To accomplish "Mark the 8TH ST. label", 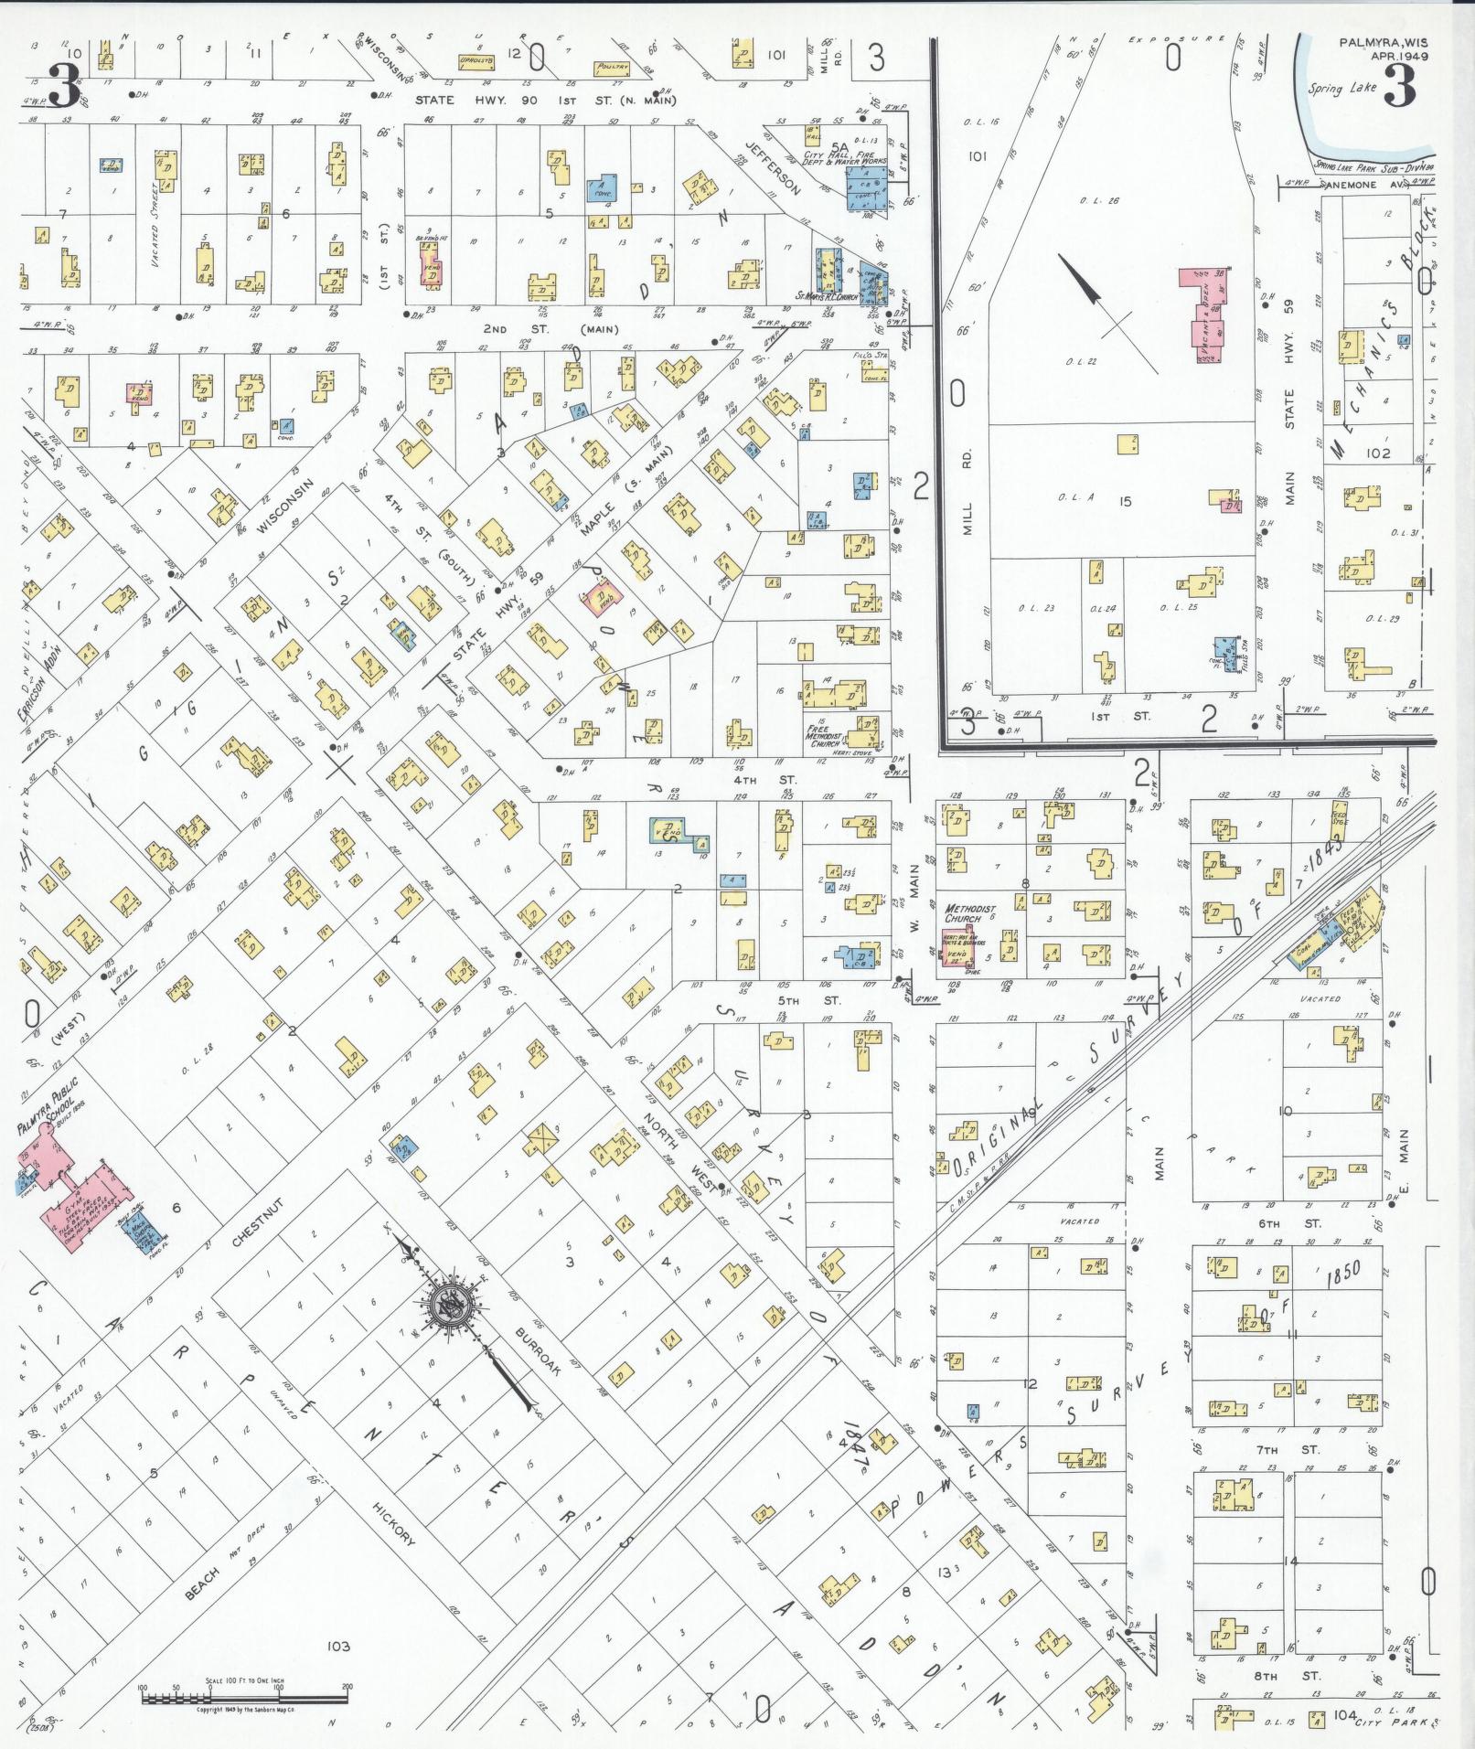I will pos(1309,1676).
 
